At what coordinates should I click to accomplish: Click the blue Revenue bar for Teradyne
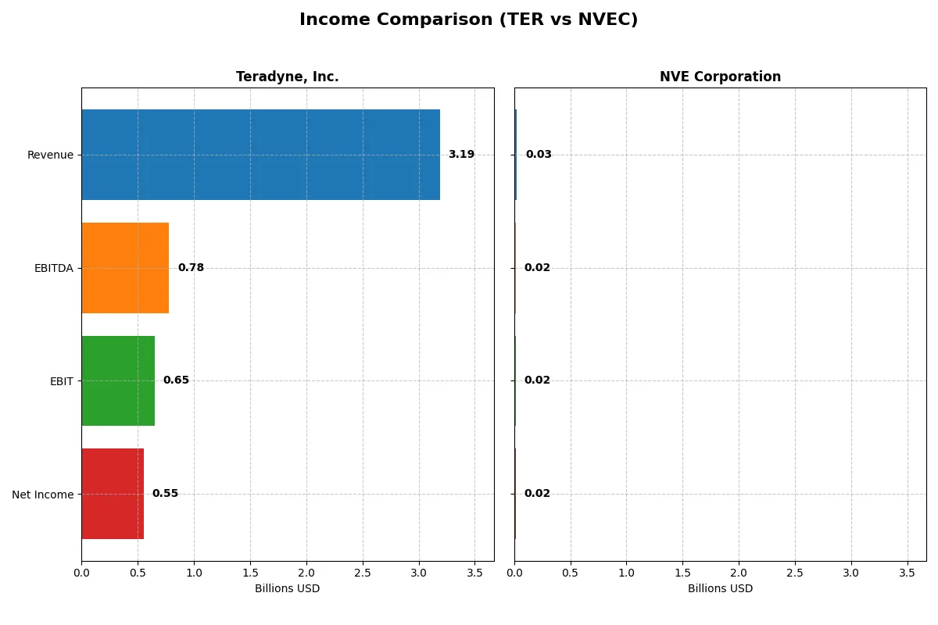(x=260, y=155)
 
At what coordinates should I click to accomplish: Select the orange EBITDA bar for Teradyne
(x=125, y=268)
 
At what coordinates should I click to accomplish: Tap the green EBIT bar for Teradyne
(x=118, y=380)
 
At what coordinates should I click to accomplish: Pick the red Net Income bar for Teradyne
(x=113, y=494)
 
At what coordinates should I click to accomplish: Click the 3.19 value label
(x=461, y=155)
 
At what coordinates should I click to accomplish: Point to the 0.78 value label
(x=191, y=268)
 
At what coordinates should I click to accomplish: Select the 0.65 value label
(x=176, y=380)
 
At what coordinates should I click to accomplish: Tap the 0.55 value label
(x=165, y=494)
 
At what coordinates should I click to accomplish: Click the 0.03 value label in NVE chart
(x=539, y=155)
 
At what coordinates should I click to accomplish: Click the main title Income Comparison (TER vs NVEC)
(x=468, y=20)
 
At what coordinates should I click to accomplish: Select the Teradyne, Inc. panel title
(x=288, y=77)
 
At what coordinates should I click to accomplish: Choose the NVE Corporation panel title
(x=720, y=77)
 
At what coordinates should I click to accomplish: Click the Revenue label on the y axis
(x=50, y=155)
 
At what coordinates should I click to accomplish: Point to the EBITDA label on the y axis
(x=54, y=268)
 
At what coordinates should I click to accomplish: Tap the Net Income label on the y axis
(x=43, y=495)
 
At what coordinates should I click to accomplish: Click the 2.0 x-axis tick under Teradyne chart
(x=306, y=573)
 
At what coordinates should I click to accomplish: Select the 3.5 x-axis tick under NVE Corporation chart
(x=907, y=573)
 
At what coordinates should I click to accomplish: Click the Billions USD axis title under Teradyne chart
(x=287, y=589)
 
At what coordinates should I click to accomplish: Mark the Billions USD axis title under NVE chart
(x=720, y=589)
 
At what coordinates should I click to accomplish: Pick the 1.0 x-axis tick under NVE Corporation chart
(x=626, y=573)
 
